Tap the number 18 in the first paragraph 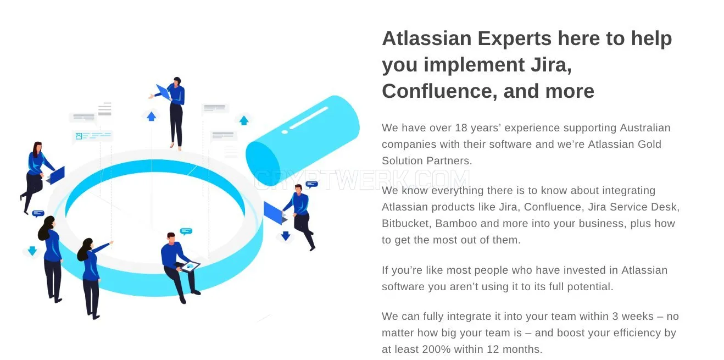pos(461,128)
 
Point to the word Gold pos(649,144)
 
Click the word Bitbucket pos(406,224)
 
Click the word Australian pos(645,128)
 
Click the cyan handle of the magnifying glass pos(303,140)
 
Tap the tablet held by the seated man pos(190,267)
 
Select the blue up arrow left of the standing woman pos(151,117)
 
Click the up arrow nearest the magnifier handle pos(244,120)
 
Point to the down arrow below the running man pos(286,236)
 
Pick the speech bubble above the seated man pos(186,231)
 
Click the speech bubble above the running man pos(311,184)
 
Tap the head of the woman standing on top pos(176,81)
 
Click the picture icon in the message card pos(79,136)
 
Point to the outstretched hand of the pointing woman pos(112,242)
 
